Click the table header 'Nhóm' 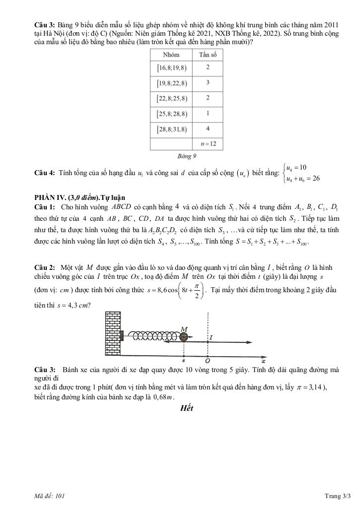pyautogui.click(x=171, y=55)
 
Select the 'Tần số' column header pyautogui.click(x=208, y=55)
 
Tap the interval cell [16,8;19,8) pyautogui.click(x=172, y=67)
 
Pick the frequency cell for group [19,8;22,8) pyautogui.click(x=208, y=83)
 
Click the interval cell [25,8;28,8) pyautogui.click(x=172, y=114)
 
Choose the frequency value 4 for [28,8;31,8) pyautogui.click(x=208, y=129)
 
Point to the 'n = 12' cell pyautogui.click(x=208, y=144)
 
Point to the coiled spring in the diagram pyautogui.click(x=151, y=336)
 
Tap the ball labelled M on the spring pyautogui.click(x=184, y=336)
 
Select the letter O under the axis pyautogui.click(x=207, y=361)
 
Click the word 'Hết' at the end pyautogui.click(x=186, y=408)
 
